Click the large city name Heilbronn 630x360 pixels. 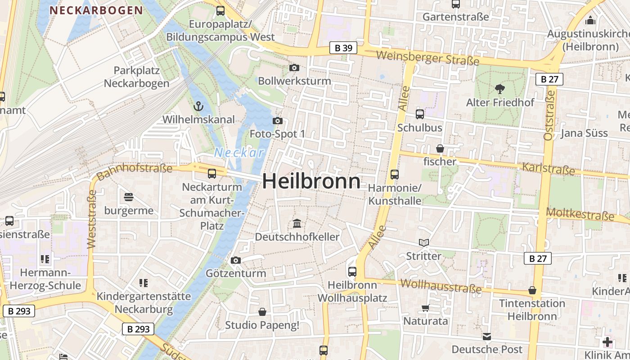[x=311, y=181]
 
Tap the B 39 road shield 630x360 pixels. [x=343, y=48]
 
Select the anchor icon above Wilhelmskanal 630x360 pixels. [x=198, y=107]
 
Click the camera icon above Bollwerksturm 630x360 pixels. [x=294, y=67]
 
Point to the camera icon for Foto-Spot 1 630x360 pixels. [x=278, y=121]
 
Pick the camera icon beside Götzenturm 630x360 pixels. [x=235, y=260]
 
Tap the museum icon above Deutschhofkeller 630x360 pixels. [x=297, y=223]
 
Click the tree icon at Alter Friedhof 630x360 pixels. [x=499, y=89]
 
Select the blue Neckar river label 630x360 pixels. [x=238, y=153]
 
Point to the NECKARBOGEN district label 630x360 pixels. [x=96, y=10]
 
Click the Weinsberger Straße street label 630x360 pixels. [x=427, y=58]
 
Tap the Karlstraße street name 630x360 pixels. [x=549, y=169]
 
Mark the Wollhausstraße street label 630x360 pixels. [x=441, y=286]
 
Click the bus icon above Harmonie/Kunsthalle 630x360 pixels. [x=395, y=174]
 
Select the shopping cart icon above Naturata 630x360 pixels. [x=425, y=308]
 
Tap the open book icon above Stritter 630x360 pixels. [x=423, y=243]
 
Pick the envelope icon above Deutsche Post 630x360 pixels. [x=487, y=337]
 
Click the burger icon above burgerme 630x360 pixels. [x=129, y=197]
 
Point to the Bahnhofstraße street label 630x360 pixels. [x=135, y=171]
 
